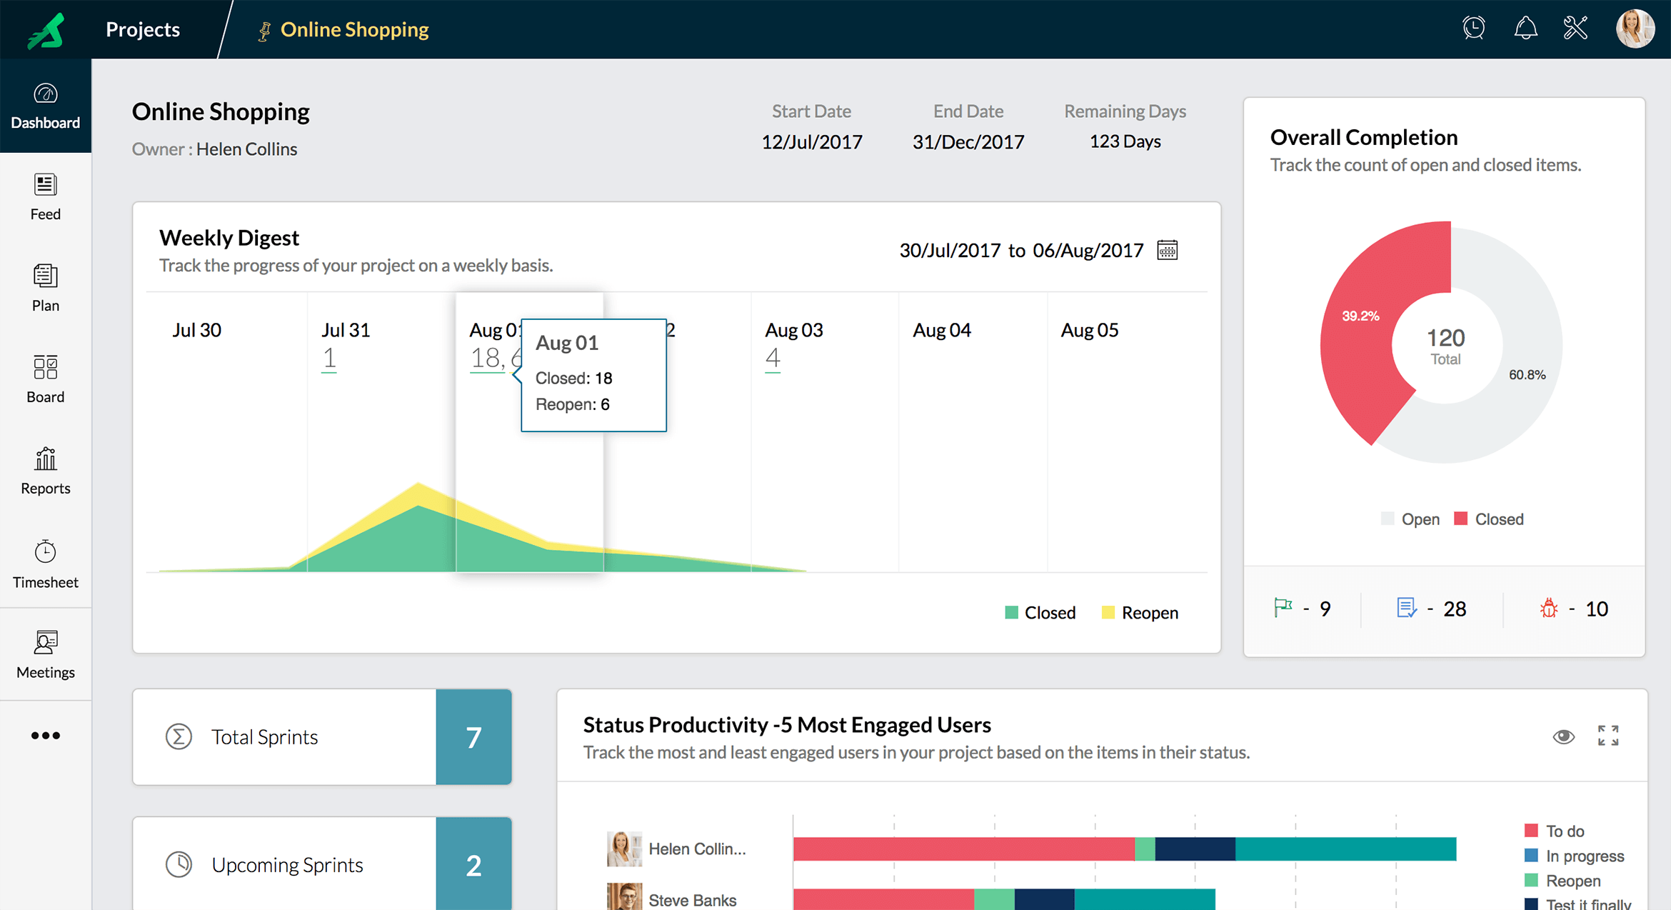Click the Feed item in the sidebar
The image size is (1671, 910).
pyautogui.click(x=45, y=196)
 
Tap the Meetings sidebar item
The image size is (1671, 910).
pyautogui.click(x=45, y=654)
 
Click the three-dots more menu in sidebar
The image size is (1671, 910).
pyautogui.click(x=45, y=735)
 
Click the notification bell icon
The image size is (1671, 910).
pyautogui.click(x=1525, y=29)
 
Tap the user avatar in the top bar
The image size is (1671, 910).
pyautogui.click(x=1634, y=29)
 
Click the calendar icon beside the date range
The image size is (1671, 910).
pyautogui.click(x=1167, y=250)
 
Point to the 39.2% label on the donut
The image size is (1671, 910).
pyautogui.click(x=1360, y=316)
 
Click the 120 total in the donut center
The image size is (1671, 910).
pyautogui.click(x=1445, y=338)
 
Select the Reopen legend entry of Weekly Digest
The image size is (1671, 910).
pyautogui.click(x=1140, y=612)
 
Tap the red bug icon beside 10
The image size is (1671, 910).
pyautogui.click(x=1548, y=609)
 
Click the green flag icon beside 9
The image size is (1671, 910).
pyautogui.click(x=1283, y=608)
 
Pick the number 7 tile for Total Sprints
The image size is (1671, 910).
pyautogui.click(x=473, y=737)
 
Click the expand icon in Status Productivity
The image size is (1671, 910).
pyautogui.click(x=1608, y=736)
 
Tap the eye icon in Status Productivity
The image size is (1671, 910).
pyautogui.click(x=1563, y=736)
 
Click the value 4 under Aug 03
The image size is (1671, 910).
pyautogui.click(x=773, y=358)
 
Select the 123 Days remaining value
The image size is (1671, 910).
pyautogui.click(x=1125, y=141)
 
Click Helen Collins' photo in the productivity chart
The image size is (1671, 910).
pyautogui.click(x=623, y=849)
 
